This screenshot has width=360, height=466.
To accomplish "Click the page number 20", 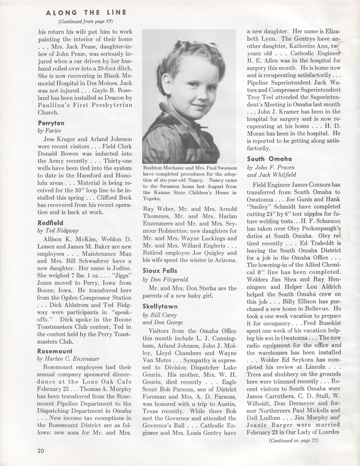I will (41, 450).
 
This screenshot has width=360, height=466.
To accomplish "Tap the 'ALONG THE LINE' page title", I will (86, 13).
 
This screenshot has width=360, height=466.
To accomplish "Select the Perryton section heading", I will (51, 123).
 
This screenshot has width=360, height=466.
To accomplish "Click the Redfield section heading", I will (51, 223).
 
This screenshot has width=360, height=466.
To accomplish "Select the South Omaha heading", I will (269, 159).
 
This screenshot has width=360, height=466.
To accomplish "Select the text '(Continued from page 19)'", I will (86, 21).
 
